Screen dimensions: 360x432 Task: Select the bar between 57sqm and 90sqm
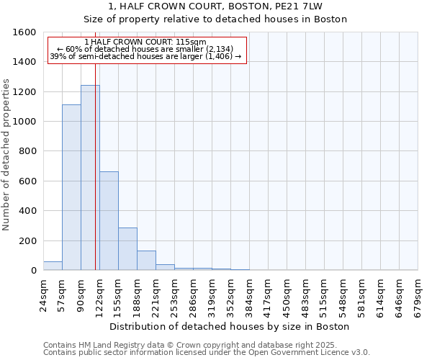71,187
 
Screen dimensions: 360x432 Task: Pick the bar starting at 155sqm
127,248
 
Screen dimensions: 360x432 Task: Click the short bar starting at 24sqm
53,266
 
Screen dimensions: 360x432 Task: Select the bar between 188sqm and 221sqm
146,260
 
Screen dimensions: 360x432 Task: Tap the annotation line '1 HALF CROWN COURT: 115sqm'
145,42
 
